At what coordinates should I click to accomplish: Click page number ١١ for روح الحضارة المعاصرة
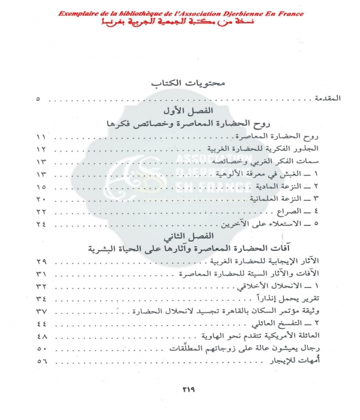[x=41, y=137]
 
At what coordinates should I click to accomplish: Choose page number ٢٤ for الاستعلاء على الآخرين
[x=41, y=224]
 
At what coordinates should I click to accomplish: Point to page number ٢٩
[x=41, y=262]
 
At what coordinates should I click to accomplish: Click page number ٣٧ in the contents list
[x=41, y=311]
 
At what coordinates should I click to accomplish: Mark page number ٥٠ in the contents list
[x=41, y=349]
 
